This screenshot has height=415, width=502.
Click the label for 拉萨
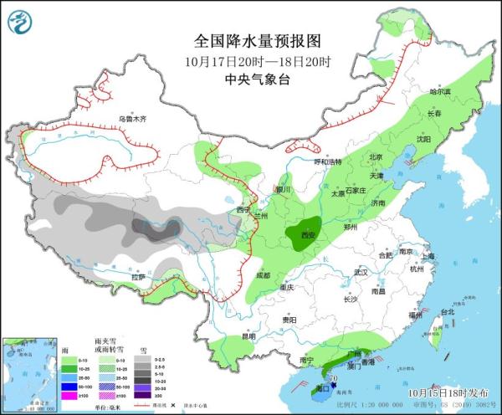coord(137,276)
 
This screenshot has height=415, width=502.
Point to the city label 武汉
coord(361,273)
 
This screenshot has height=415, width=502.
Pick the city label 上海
coord(428,256)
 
